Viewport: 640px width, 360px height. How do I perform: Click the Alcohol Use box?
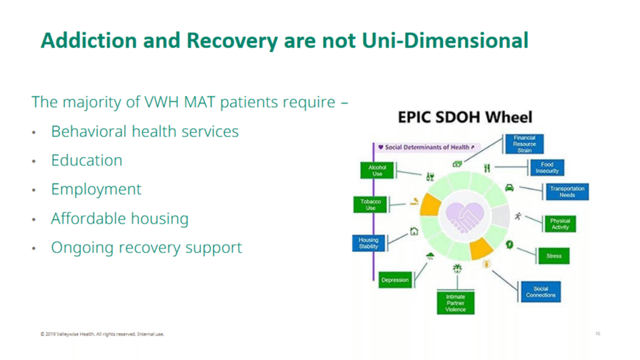pos(377,171)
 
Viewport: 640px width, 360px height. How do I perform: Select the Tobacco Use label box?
pos(370,204)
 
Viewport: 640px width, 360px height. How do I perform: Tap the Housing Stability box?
pos(369,243)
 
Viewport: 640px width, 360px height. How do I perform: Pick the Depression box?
pos(395,280)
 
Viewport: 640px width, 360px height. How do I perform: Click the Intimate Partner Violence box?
pos(456,303)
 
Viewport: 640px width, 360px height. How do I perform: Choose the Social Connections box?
pos(541,291)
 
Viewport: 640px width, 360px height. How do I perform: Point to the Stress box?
pos(554,256)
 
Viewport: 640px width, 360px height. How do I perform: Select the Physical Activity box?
pos(561,224)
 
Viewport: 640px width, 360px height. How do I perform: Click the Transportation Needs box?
pos(567,192)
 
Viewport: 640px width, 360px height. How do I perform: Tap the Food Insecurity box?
pos(547,167)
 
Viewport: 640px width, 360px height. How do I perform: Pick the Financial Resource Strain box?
pos(524,144)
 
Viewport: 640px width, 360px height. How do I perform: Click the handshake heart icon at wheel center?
pos(465,216)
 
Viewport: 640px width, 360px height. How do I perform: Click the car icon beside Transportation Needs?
pos(509,187)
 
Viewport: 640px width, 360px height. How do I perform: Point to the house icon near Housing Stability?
pos(414,231)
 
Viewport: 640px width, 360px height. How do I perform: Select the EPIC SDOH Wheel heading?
pos(465,117)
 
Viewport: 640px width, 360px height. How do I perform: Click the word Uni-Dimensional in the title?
pos(445,41)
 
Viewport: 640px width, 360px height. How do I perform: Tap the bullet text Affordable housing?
pos(119,219)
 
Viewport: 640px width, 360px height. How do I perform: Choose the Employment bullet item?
pos(96,189)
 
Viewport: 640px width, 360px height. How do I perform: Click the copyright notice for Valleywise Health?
pos(102,334)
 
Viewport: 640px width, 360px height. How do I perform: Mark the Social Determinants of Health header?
pos(426,147)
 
